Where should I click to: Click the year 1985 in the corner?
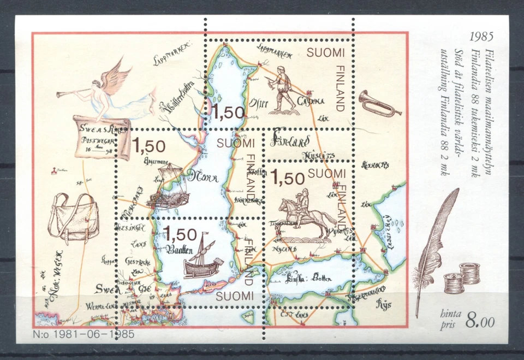(482, 38)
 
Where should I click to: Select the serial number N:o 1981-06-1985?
(85, 333)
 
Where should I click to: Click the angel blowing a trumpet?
(106, 91)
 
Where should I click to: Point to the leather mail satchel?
(74, 219)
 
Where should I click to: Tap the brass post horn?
(379, 104)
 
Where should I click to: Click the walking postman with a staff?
(282, 87)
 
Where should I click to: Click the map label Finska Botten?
(309, 278)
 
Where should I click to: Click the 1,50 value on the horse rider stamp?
(287, 178)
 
